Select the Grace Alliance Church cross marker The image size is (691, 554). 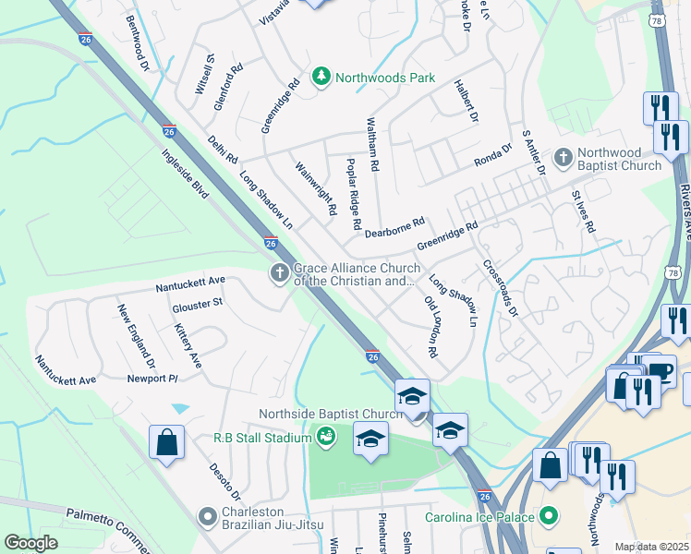pyautogui.click(x=279, y=272)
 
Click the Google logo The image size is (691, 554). pyautogui.click(x=30, y=543)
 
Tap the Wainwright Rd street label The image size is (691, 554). pyautogui.click(x=315, y=189)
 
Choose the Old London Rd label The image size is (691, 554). pyautogui.click(x=430, y=327)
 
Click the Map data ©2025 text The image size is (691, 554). pyautogui.click(x=652, y=547)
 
